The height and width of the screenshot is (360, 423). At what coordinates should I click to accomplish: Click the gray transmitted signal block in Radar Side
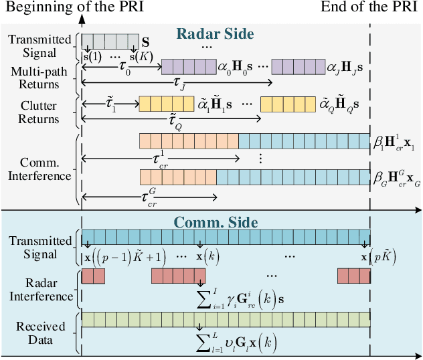(x=110, y=41)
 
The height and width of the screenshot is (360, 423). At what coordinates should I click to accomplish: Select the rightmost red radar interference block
(x=353, y=276)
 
